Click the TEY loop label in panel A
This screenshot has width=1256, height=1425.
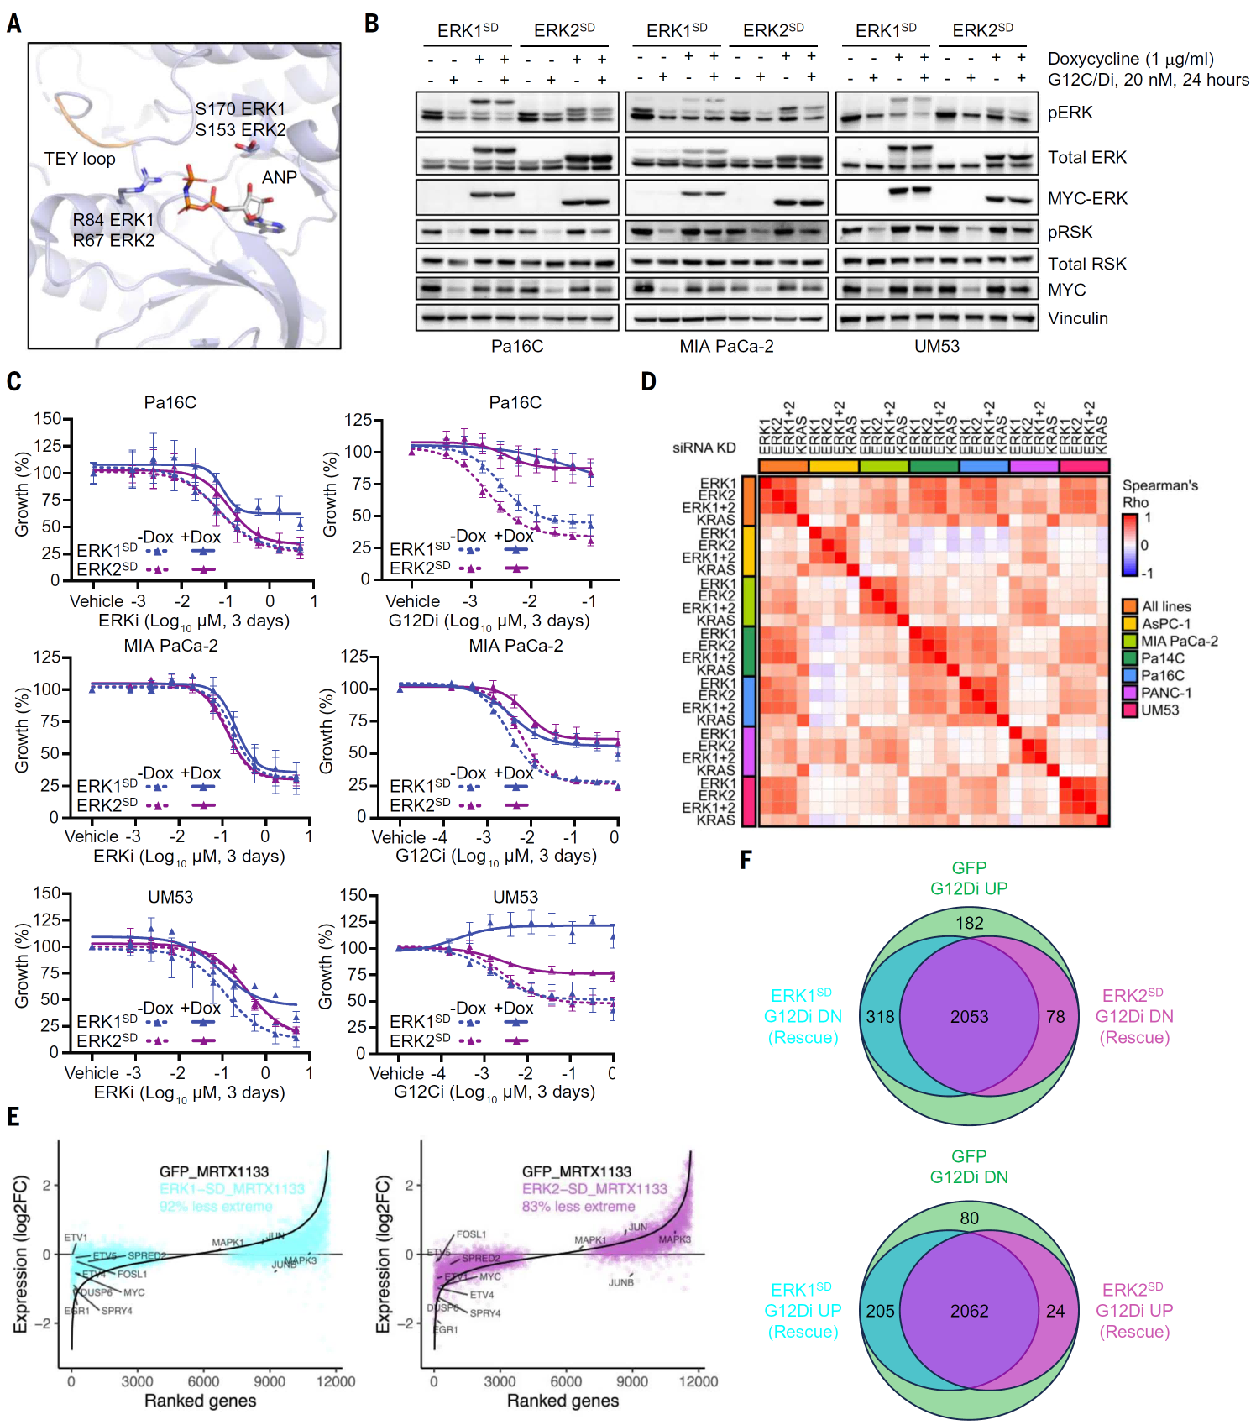pyautogui.click(x=80, y=159)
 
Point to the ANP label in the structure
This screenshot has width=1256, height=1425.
pyautogui.click(x=279, y=177)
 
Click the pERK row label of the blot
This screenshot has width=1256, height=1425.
pyautogui.click(x=1070, y=113)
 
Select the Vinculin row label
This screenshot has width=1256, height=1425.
pyautogui.click(x=1077, y=318)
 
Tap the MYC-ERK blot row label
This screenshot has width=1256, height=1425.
pyautogui.click(x=1087, y=198)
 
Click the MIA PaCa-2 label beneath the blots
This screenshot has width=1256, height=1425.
pyautogui.click(x=726, y=346)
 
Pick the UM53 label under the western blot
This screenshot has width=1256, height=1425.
pyautogui.click(x=936, y=346)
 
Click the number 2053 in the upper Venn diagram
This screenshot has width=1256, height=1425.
pyautogui.click(x=969, y=1017)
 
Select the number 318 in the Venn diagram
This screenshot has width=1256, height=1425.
pyautogui.click(x=880, y=1017)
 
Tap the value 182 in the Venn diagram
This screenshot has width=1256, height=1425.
pyautogui.click(x=969, y=923)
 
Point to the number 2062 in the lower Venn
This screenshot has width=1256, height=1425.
pyautogui.click(x=969, y=1311)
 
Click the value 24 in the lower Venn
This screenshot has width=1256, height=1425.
pyautogui.click(x=1055, y=1311)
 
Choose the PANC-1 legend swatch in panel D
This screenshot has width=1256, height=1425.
pyautogui.click(x=1130, y=693)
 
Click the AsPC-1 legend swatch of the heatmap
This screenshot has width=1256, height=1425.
pyautogui.click(x=1130, y=624)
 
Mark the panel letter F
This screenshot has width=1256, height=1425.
pyautogui.click(x=745, y=859)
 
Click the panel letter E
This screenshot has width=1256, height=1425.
pyautogui.click(x=13, y=1116)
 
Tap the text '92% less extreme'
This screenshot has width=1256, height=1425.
pyautogui.click(x=216, y=1206)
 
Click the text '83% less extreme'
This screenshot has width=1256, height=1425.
pyautogui.click(x=578, y=1206)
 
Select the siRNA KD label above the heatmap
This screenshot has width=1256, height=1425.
pyautogui.click(x=704, y=448)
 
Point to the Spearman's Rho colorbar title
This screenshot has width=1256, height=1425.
pyautogui.click(x=1159, y=494)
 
